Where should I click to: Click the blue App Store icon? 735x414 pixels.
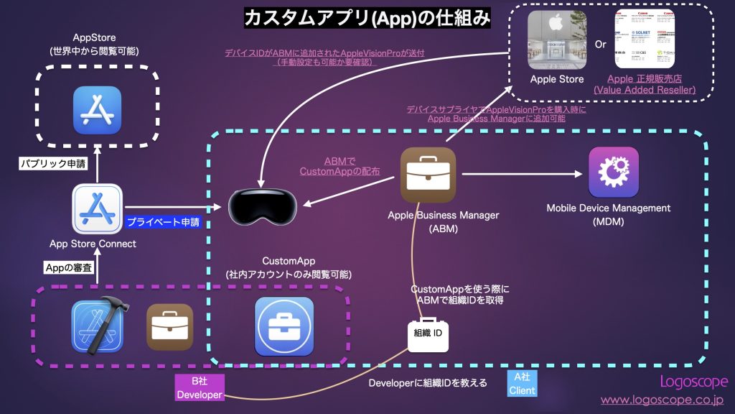tap(97, 110)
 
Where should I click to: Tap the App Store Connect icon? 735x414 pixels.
tap(97, 210)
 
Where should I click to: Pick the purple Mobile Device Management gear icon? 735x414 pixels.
tap(613, 172)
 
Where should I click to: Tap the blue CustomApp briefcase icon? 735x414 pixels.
tap(284, 326)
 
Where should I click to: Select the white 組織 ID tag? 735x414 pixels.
tap(427, 333)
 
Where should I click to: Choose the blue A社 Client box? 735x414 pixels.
tap(521, 383)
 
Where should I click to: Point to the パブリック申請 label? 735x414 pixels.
tap(53, 164)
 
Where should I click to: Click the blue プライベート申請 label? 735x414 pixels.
tap(163, 223)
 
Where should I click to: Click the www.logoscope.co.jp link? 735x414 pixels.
tap(661, 400)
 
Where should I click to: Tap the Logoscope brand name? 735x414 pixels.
tap(693, 382)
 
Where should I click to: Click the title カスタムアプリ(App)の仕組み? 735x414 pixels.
tap(367, 18)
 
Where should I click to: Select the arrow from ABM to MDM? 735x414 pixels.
tap(521, 173)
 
